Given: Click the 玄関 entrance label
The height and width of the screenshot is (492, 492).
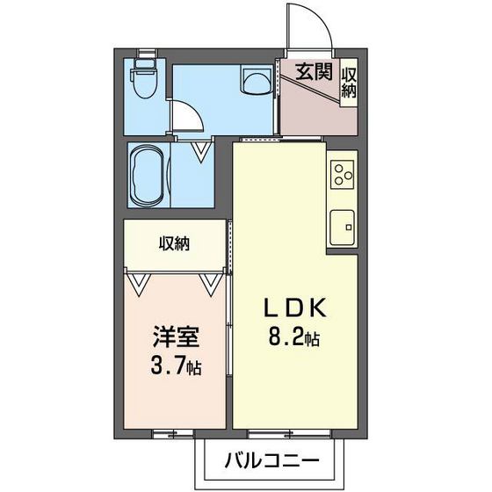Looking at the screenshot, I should [313, 73].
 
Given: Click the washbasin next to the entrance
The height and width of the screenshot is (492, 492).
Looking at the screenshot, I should [257, 83].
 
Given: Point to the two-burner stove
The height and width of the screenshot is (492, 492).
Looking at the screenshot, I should [342, 174].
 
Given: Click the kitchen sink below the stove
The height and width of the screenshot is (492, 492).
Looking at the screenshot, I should [342, 227].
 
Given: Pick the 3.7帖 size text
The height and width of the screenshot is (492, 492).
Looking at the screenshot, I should [176, 365].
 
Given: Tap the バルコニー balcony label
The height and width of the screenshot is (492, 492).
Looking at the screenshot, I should [271, 459].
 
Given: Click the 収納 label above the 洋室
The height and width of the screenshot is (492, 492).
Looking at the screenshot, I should [175, 244].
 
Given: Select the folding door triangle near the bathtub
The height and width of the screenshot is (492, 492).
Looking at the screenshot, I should [202, 151].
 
